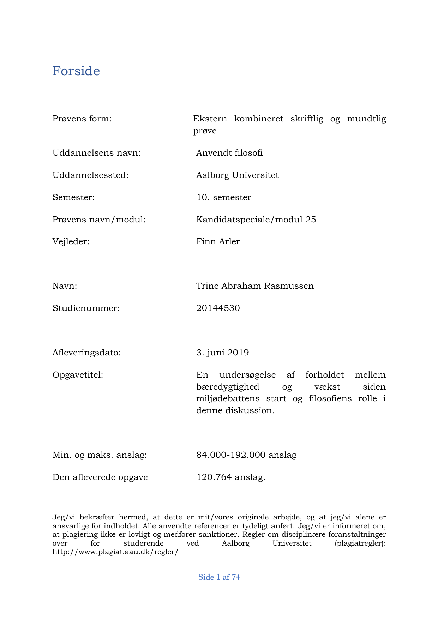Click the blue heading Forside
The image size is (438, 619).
click(x=76, y=71)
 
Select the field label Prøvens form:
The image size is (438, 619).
click(x=82, y=119)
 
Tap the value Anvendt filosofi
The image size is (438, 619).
click(x=229, y=153)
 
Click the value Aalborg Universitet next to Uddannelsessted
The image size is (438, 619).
click(x=238, y=175)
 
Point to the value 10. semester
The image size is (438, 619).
click(x=224, y=197)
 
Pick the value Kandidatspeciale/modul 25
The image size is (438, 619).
click(x=256, y=220)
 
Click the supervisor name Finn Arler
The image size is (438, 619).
click(x=218, y=241)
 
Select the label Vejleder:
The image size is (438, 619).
click(x=71, y=241)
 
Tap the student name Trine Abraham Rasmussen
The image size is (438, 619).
click(x=255, y=286)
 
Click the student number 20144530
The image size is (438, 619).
click(x=218, y=308)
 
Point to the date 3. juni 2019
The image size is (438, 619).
click(x=223, y=353)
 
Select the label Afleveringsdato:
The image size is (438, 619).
click(x=86, y=353)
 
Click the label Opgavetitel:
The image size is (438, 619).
click(x=78, y=375)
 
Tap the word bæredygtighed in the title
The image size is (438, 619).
click(x=228, y=387)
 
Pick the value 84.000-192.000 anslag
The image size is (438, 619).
click(x=246, y=455)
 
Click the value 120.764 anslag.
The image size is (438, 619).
click(x=231, y=477)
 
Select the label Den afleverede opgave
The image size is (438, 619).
click(x=100, y=477)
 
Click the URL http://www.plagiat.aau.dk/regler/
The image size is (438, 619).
click(x=115, y=552)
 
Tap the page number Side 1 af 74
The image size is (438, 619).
click(x=219, y=577)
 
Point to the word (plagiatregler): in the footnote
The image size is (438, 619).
click(x=360, y=543)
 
